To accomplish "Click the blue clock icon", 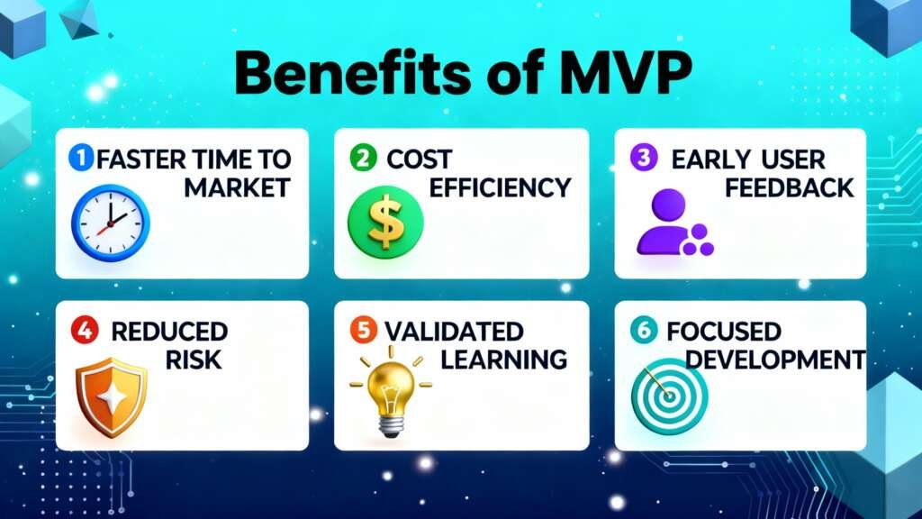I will coord(110,223).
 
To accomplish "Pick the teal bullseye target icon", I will coord(669,396).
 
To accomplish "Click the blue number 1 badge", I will coord(81,159).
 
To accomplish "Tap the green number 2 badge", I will coord(361,159).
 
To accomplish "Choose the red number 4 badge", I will coord(80,331).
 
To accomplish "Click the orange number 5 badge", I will coord(363,331).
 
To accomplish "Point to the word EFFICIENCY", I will coord(501,187).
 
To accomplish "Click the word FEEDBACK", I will coord(789,187).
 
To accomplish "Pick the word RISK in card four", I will coord(193,360).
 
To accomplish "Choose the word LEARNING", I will coord(504,360).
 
